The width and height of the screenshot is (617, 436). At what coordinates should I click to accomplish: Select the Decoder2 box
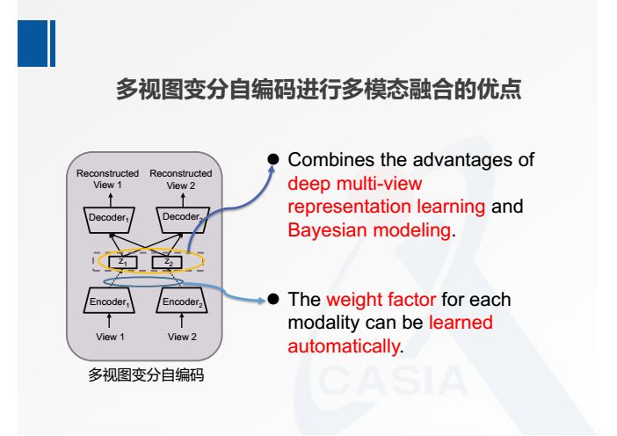180,216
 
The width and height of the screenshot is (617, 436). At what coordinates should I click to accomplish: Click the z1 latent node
123,261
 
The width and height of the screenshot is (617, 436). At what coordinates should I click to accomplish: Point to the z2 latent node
167,261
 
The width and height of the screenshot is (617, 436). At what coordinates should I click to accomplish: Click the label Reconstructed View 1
107,179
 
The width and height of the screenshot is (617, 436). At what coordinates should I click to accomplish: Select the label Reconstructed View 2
180,179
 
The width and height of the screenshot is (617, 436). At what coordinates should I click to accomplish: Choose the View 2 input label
180,336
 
